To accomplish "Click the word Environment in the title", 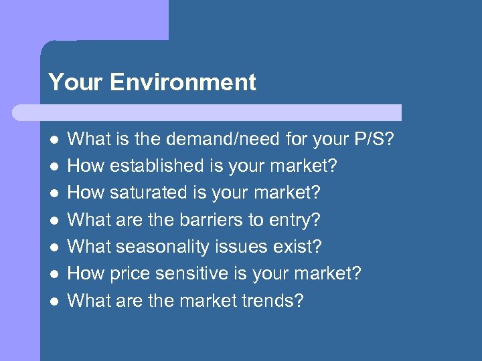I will pos(183,82).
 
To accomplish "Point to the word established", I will pos(160,165).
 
